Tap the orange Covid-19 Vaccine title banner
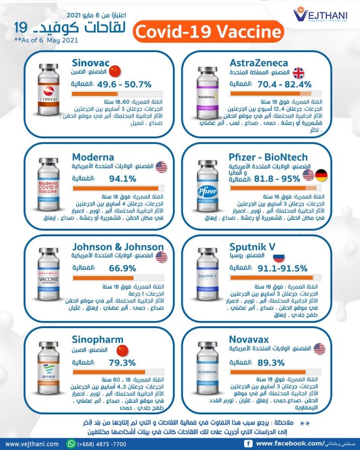tap(209, 32)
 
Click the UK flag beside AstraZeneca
tap(299, 73)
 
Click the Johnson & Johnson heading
tap(118, 247)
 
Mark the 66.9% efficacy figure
tap(122, 268)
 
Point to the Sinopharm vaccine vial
tap(48, 365)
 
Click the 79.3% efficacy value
tap(122, 362)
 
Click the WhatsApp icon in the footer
tap(71, 443)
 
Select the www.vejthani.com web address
tap(32, 443)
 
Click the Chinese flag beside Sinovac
tap(114, 71)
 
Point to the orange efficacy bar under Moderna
tap(115, 188)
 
